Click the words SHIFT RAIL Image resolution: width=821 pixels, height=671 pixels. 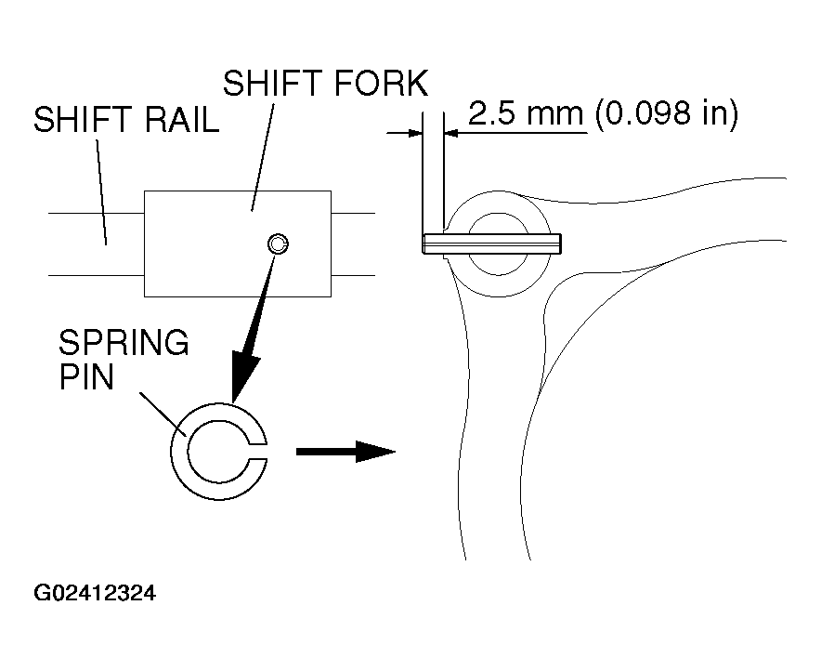125,123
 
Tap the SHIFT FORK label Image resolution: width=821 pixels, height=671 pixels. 325,84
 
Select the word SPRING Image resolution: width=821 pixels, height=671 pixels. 124,345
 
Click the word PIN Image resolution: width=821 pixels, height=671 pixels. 86,379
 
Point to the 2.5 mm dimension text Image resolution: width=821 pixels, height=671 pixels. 525,114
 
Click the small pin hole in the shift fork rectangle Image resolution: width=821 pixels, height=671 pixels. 278,244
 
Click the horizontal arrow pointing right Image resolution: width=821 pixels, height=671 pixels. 345,452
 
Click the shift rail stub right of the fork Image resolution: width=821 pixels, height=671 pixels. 353,244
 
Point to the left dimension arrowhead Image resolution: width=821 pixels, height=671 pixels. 413,133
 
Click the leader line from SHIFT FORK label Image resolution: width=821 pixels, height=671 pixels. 262,153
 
